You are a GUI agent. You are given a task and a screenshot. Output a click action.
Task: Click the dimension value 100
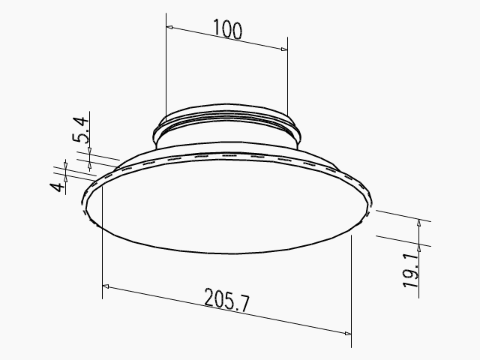[x=227, y=29]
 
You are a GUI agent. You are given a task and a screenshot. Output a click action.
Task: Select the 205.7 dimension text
[x=226, y=301]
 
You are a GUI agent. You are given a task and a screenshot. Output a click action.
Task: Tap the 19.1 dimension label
[x=411, y=269]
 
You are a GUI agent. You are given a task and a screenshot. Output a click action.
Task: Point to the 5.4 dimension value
[x=82, y=130]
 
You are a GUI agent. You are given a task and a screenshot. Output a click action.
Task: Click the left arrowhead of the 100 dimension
[x=169, y=28]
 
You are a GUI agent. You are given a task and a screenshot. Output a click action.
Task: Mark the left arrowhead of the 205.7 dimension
[x=106, y=286]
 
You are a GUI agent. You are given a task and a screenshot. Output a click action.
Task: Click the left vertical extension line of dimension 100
[x=164, y=67]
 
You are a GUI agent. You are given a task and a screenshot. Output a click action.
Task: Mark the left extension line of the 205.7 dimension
[x=101, y=240]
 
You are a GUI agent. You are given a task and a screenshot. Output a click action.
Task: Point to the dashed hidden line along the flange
[x=225, y=155]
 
